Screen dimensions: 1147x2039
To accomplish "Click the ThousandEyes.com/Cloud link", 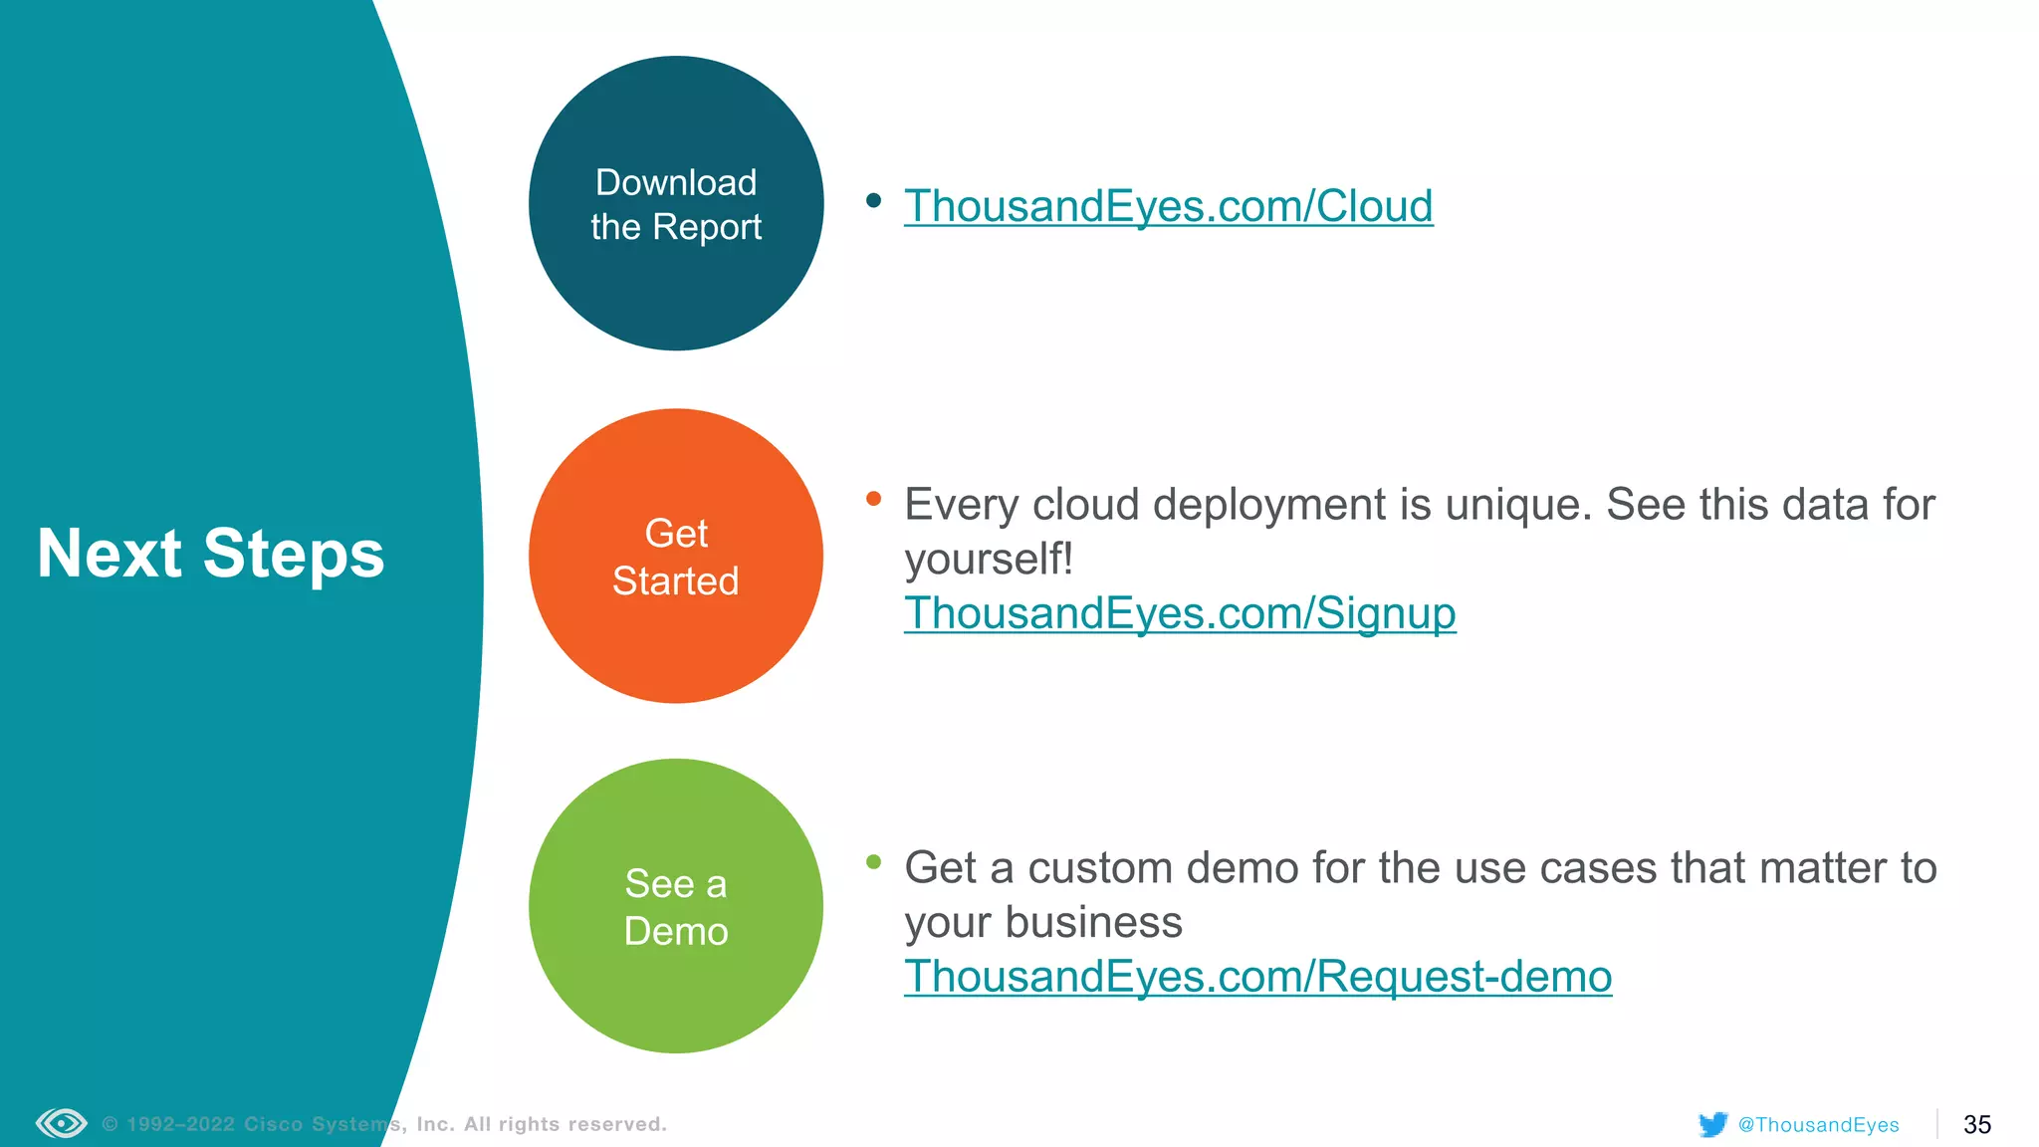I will tap(1168, 206).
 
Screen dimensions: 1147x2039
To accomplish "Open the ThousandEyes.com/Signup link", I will tap(1180, 613).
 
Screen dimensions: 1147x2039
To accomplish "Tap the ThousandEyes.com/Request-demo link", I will tap(1257, 977).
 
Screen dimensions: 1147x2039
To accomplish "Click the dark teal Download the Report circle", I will tap(676, 204).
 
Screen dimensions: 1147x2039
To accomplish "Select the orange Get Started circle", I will tap(676, 557).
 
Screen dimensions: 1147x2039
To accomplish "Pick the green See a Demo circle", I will tap(676, 907).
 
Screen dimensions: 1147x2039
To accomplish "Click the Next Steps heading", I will tap(211, 554).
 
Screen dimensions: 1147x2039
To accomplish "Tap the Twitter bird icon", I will tap(1712, 1124).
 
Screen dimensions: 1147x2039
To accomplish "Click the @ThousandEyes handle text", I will tap(1818, 1125).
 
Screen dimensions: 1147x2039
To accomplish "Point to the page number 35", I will tap(1976, 1125).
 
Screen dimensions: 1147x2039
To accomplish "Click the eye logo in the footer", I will tap(62, 1124).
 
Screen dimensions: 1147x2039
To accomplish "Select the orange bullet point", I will tap(874, 499).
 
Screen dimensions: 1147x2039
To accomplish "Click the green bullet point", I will tap(874, 862).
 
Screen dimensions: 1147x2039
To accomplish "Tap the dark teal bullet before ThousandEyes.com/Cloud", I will tap(874, 201).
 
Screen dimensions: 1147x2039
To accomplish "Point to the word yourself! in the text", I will tap(989, 560).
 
